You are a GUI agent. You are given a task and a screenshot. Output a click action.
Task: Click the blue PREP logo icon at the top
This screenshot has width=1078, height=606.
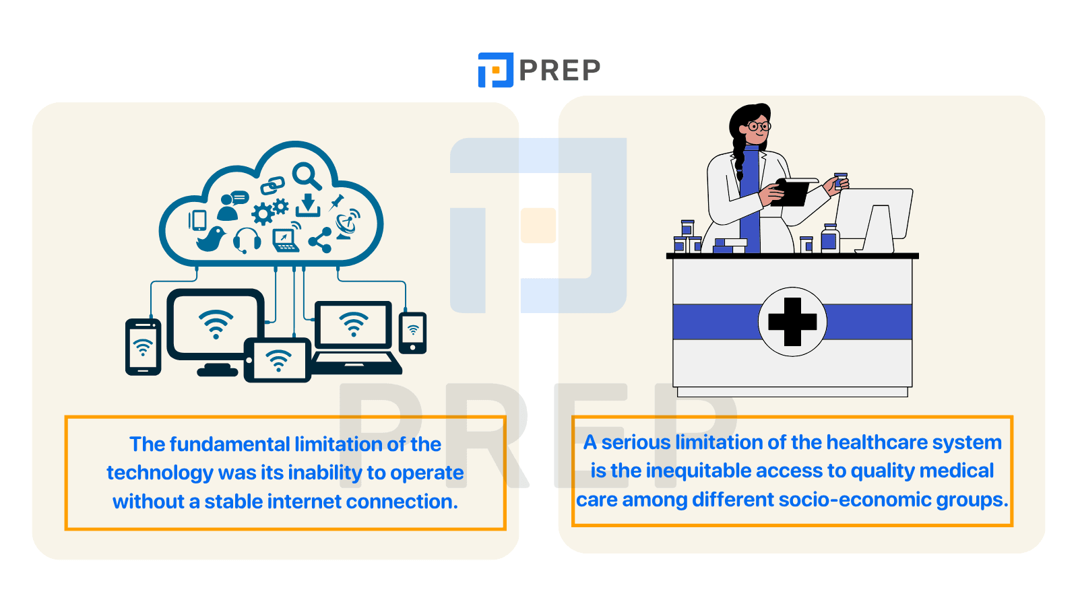(x=495, y=70)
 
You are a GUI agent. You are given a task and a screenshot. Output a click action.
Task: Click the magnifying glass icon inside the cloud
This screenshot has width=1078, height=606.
(x=307, y=176)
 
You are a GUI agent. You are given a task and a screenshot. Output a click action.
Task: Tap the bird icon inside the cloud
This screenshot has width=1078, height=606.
(x=211, y=239)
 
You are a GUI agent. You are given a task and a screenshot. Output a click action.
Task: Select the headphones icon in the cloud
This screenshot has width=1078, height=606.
(x=247, y=240)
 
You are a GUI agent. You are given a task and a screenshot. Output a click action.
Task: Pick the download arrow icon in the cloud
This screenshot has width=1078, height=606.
(x=308, y=205)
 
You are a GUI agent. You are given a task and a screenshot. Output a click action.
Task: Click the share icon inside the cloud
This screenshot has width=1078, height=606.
(x=321, y=240)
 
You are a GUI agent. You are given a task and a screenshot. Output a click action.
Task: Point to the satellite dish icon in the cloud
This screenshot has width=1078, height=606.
(x=348, y=224)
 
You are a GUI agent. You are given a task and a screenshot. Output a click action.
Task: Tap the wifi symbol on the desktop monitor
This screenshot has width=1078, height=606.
(x=216, y=324)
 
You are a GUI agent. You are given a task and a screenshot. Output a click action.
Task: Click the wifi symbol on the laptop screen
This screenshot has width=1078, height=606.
(x=353, y=324)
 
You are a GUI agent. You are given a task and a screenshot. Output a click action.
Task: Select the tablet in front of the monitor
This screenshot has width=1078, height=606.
(x=277, y=360)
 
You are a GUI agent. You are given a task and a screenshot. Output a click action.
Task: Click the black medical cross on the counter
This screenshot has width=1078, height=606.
(x=792, y=322)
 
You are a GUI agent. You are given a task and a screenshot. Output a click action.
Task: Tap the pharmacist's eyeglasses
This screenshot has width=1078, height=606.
(x=759, y=127)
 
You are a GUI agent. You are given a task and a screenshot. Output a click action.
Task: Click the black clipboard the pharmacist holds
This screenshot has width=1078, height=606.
(x=792, y=192)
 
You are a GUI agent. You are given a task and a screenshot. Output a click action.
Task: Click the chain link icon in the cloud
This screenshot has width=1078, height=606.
(x=272, y=185)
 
